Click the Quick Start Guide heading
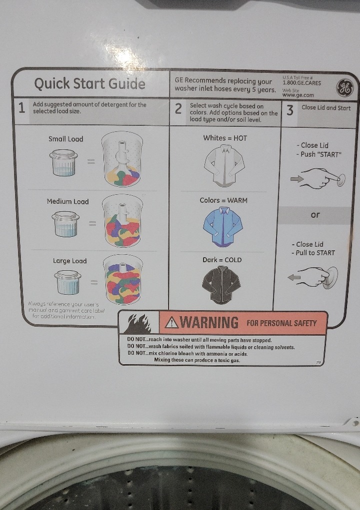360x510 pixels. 89,83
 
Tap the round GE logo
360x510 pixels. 344,88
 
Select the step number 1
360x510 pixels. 21,108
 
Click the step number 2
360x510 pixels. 178,108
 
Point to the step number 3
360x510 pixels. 289,110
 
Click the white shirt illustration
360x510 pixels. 224,166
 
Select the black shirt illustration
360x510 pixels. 221,285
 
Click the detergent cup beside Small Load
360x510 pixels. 64,162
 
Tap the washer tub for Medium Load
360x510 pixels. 122,221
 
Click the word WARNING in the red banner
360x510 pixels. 209,323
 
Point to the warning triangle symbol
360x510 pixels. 171,322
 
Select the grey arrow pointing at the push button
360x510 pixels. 296,178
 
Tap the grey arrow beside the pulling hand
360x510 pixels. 294,277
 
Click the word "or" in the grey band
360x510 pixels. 315,215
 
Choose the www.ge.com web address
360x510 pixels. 298,95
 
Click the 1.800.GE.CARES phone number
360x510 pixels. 301,83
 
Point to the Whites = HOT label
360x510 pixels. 225,138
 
